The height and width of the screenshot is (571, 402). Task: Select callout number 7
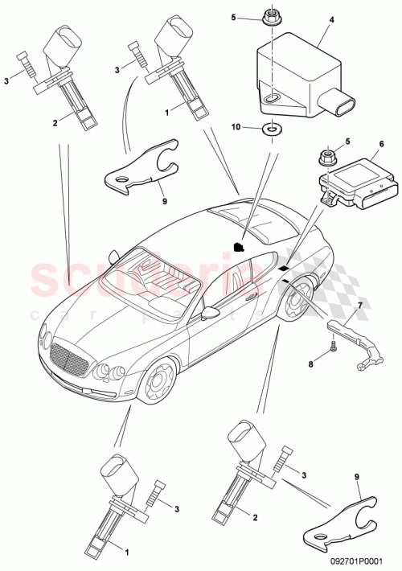tap(359, 306)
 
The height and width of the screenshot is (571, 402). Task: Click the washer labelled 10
tap(274, 127)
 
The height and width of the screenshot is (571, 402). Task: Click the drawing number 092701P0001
tap(363, 565)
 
